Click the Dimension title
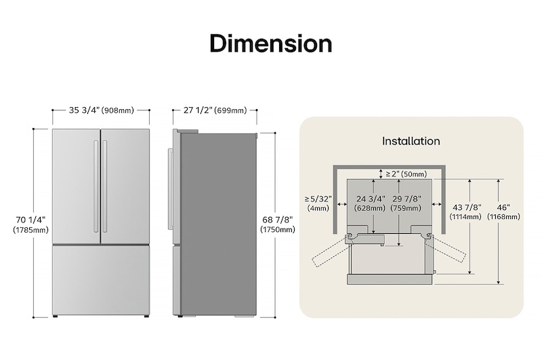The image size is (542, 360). click(270, 43)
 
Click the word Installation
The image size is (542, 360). click(411, 141)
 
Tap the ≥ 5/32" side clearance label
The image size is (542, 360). click(318, 199)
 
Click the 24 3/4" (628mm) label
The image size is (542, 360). click(371, 203)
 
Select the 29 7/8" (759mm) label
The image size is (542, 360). click(406, 203)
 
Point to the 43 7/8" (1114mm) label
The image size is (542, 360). click(465, 211)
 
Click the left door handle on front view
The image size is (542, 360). click(96, 186)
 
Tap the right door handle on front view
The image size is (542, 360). click(104, 186)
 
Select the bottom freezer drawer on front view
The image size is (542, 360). click(100, 279)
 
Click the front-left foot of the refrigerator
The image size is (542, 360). click(56, 316)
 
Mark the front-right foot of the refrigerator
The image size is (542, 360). click(145, 316)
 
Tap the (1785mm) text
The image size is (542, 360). click(30, 231)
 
